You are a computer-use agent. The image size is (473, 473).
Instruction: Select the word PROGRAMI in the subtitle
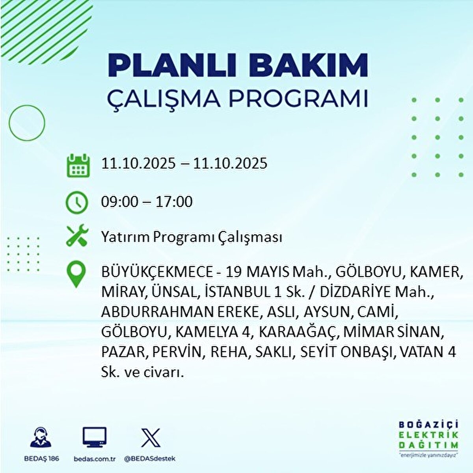pos(298,99)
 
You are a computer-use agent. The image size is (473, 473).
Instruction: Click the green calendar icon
pos(76,166)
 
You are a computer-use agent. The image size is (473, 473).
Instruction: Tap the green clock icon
pos(76,202)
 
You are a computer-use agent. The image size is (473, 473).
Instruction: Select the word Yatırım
pos(125,238)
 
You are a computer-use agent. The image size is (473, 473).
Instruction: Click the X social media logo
pos(150,438)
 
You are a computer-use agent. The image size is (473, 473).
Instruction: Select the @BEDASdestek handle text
pos(150,459)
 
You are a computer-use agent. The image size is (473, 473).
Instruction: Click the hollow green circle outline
pos(27,123)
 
